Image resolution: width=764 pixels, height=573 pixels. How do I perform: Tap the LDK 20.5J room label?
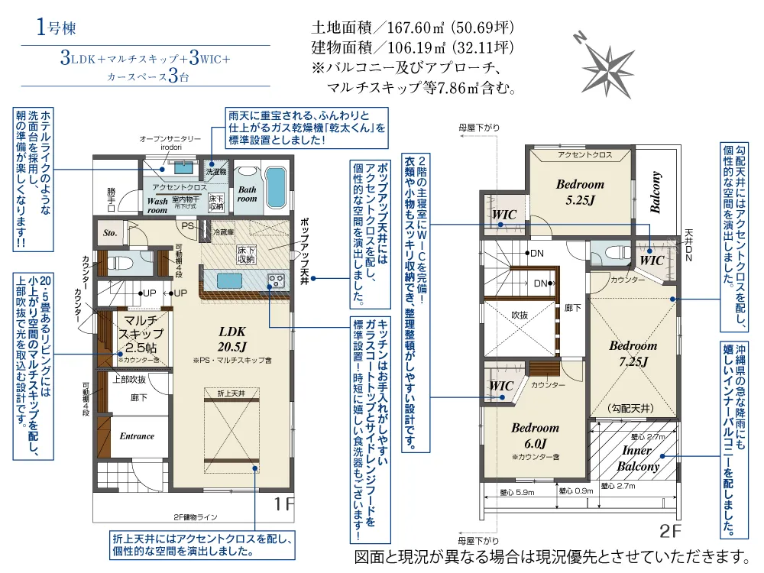pos(232,339)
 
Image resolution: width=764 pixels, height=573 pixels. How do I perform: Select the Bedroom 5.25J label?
pos(580,191)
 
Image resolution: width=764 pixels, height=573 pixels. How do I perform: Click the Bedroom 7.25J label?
pos(633,354)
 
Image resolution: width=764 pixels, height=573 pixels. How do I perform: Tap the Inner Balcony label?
pos(637,458)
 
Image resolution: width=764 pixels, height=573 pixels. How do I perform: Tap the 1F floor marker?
pos(283,504)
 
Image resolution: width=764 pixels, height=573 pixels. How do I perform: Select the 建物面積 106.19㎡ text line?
pos(412,47)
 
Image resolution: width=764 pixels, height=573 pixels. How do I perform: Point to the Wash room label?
pos(157,204)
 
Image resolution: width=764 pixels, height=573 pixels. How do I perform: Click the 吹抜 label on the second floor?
pos(520,314)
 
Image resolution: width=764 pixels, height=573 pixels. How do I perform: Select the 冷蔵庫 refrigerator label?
pos(222,231)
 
